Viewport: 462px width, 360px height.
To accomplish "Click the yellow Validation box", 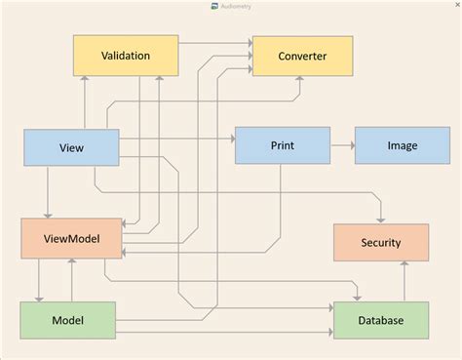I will pyautogui.click(x=126, y=56).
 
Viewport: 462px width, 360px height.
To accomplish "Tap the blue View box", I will pyautogui.click(x=70, y=147).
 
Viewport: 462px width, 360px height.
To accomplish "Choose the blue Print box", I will pyautogui.click(x=282, y=145).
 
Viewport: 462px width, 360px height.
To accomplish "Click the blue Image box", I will pyautogui.click(x=402, y=145).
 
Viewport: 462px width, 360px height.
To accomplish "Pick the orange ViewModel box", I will pyautogui.click(x=72, y=239).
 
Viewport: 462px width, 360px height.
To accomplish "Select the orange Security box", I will pyautogui.click(x=380, y=242).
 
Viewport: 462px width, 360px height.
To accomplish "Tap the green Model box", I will pyautogui.click(x=66, y=321).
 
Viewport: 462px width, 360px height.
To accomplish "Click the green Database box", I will pyautogui.click(x=380, y=321).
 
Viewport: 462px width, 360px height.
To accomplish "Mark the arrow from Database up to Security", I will pyautogui.click(x=404, y=282).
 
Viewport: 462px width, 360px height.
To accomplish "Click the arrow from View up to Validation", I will pyautogui.click(x=85, y=102).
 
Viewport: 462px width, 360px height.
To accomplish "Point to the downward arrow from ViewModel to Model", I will pyautogui.click(x=39, y=281).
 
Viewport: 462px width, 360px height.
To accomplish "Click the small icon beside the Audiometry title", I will pyautogui.click(x=214, y=6).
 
